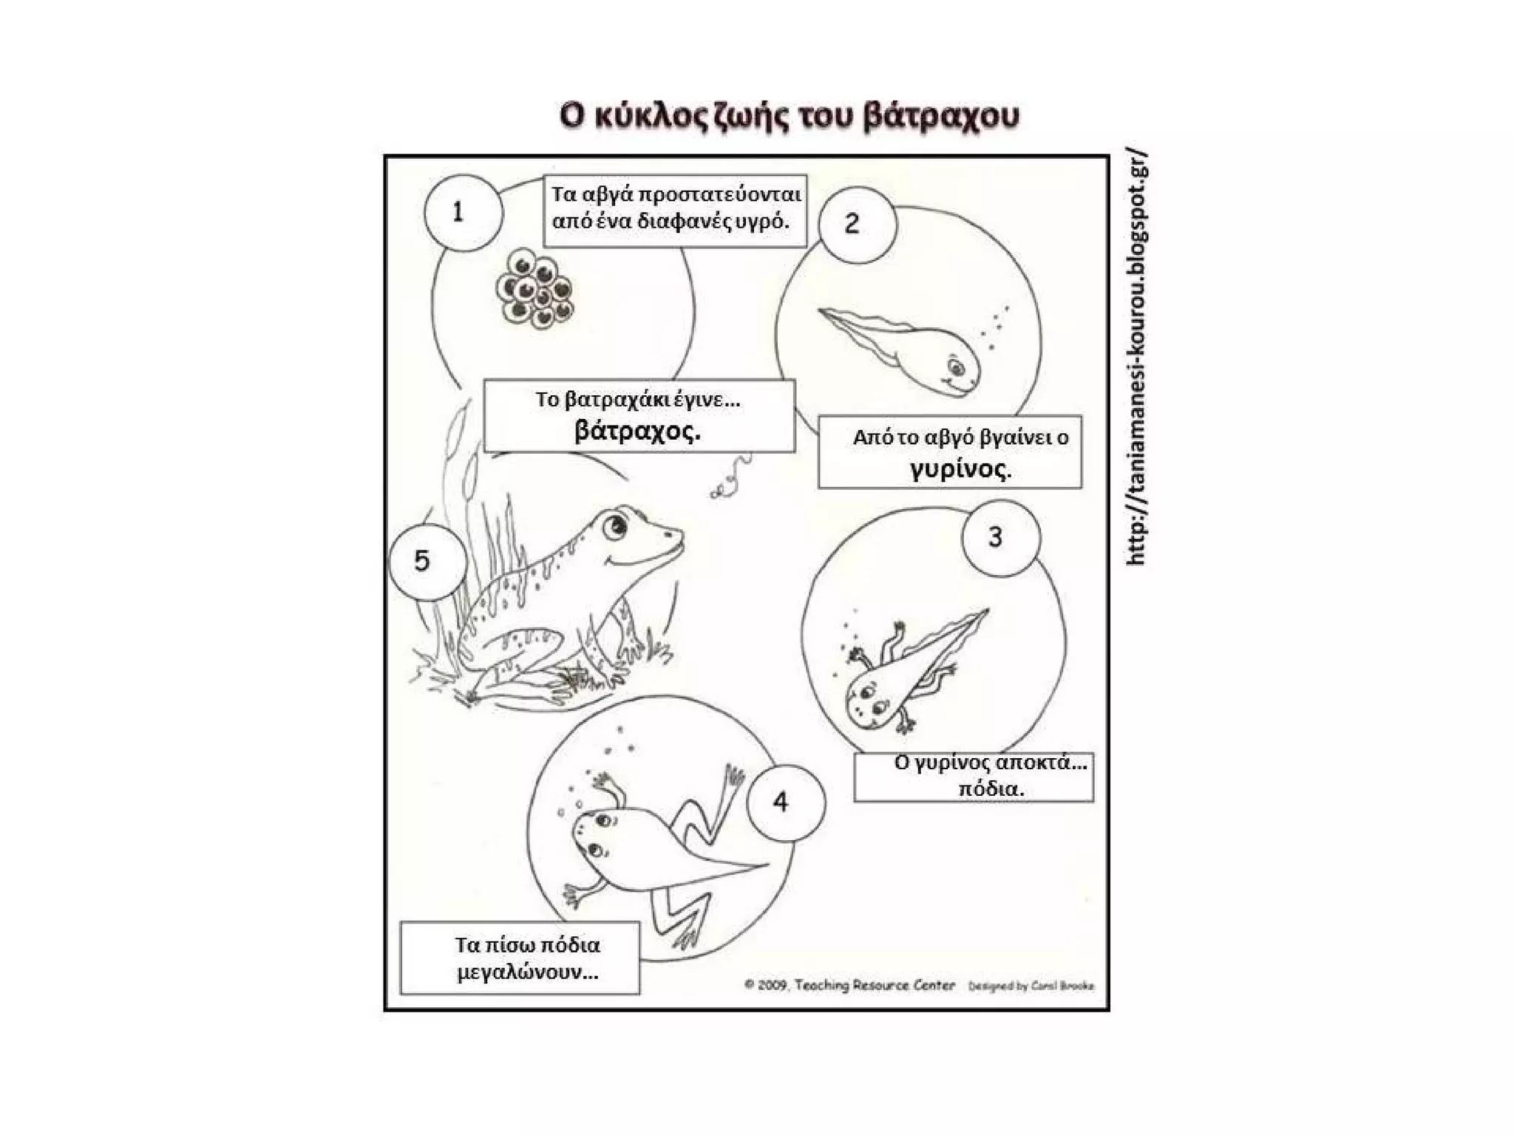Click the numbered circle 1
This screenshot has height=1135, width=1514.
[463, 213]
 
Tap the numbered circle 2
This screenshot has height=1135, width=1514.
[857, 224]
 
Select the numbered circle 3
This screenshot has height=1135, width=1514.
[1000, 537]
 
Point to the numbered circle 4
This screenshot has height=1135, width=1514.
[785, 802]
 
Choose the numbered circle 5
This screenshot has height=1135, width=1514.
[427, 561]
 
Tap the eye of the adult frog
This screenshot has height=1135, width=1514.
[614, 526]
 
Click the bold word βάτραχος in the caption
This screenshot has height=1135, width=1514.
[637, 430]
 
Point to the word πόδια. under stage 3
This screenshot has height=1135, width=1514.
[991, 788]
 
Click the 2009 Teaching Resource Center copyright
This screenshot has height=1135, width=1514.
[849, 985]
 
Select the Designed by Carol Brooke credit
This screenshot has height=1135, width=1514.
[1031, 986]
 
